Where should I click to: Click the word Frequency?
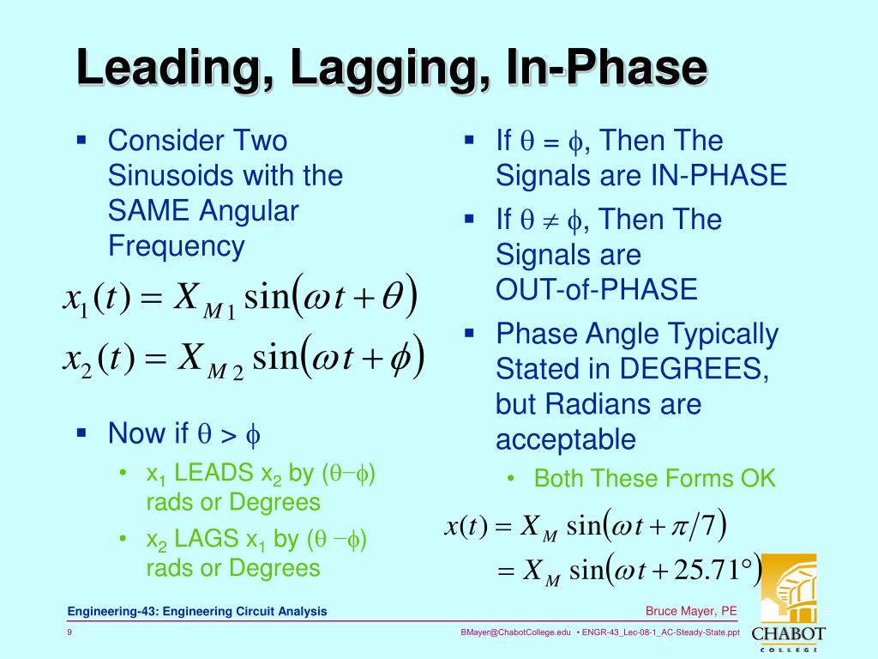176,247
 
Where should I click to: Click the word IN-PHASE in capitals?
714,176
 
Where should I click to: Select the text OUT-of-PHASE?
597,290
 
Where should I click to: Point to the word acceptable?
566,440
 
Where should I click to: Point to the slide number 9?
69,632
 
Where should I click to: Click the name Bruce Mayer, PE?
691,611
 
